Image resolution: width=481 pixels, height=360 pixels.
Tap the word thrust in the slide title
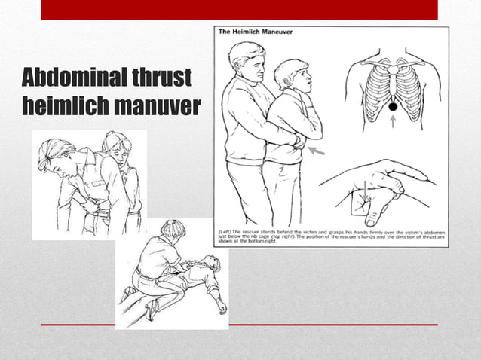[161, 78]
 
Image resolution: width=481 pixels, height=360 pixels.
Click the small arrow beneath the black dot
[393, 121]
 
